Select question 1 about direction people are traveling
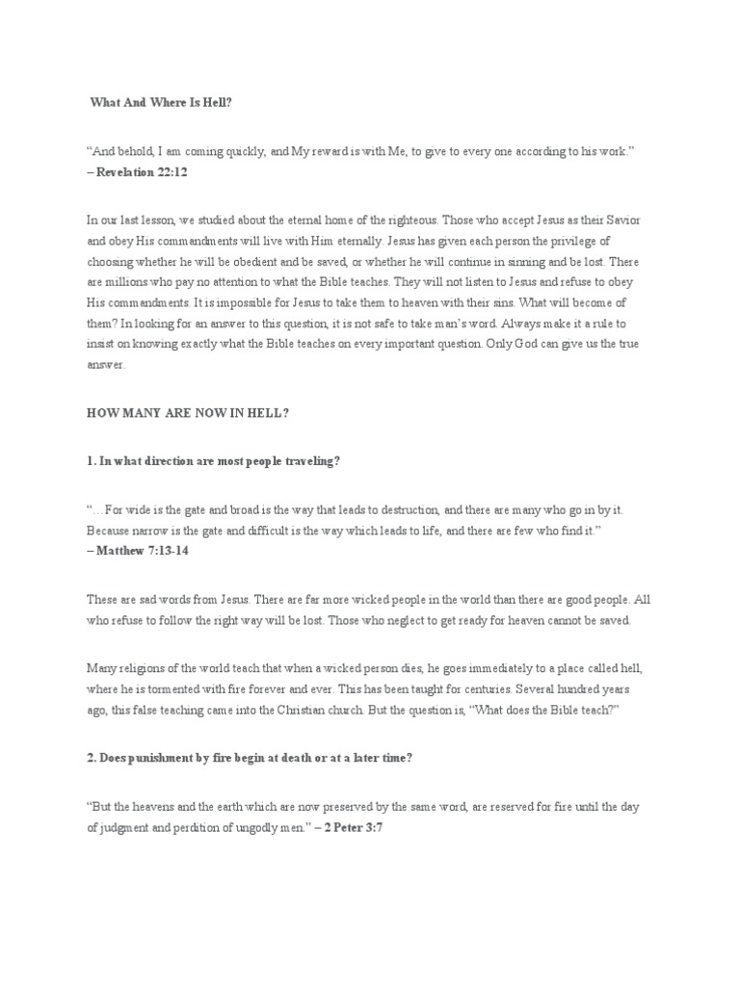coord(213,461)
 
